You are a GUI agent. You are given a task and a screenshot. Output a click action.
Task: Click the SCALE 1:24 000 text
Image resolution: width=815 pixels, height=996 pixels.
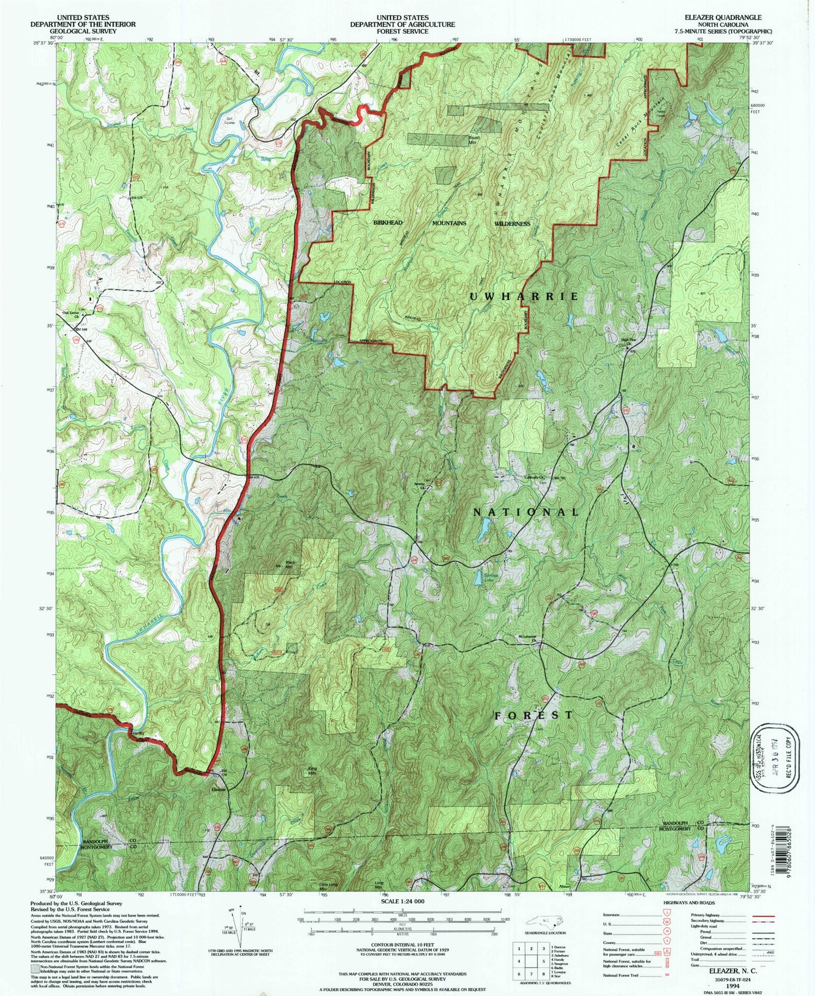[398, 901]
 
